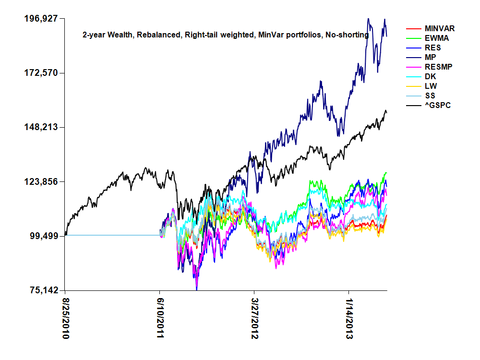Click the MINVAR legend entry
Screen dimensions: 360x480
[x=440, y=29]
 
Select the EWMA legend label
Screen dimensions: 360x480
[x=436, y=38]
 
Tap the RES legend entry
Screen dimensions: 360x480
[x=432, y=48]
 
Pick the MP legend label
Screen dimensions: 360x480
[x=431, y=58]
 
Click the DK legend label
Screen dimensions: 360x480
[x=430, y=76]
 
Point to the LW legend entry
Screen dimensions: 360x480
[x=430, y=86]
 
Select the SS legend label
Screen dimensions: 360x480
[x=430, y=96]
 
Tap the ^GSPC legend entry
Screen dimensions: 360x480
[x=437, y=105]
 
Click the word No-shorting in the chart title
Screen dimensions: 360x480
[x=348, y=35]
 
